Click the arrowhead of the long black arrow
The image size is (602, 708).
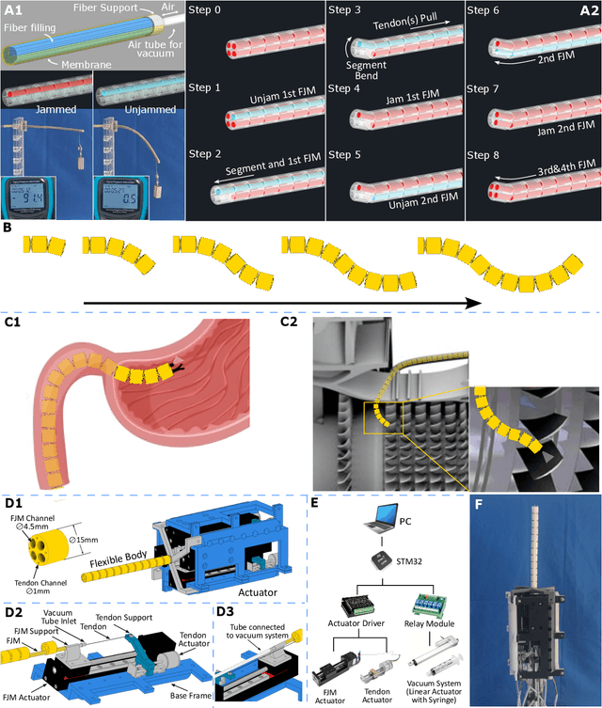point(474,304)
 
